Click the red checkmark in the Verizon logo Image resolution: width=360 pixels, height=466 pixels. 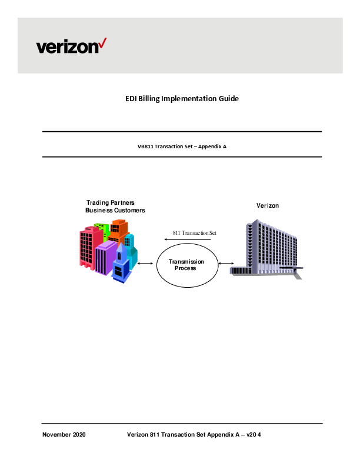pos(102,42)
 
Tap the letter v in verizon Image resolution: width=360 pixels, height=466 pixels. pos(41,48)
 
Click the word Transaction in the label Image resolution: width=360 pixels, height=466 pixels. pos(195,233)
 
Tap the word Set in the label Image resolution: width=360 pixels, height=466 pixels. pos(214,233)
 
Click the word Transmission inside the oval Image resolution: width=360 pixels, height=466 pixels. pos(186,261)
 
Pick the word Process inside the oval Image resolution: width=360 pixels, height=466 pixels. pos(185,268)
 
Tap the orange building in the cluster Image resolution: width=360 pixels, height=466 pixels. pos(119,229)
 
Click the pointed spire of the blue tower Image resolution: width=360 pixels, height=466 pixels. pos(119,247)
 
